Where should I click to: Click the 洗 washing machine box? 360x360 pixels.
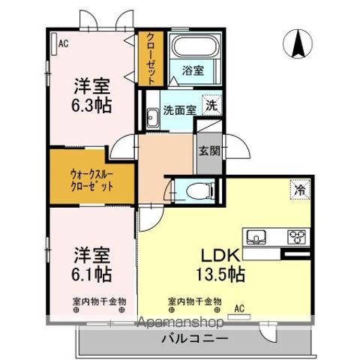pos(212,106)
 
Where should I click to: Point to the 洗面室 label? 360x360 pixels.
pos(180,109)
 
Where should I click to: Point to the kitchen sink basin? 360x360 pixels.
pos(259,238)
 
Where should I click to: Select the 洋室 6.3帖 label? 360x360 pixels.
pos(93,94)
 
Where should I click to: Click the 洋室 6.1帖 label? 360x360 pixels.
pos(93,262)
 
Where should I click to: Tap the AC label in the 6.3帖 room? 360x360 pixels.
pos(63,43)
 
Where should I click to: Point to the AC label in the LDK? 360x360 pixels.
pos(239,307)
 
